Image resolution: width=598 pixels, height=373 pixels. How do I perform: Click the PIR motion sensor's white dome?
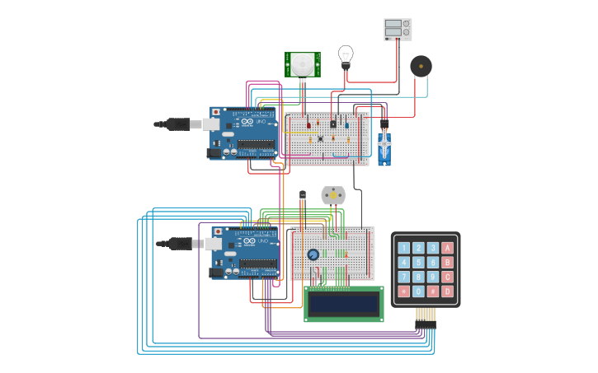[303, 63]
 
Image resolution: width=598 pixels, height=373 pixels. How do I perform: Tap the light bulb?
[346, 55]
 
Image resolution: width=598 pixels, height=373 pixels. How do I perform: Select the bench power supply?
[398, 29]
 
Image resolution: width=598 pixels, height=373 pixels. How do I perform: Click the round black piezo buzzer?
[421, 66]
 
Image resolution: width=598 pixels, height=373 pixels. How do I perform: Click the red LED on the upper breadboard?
[309, 125]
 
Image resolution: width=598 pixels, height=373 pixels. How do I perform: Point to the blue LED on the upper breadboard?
[346, 125]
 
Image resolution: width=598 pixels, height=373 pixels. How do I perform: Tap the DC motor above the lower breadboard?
[333, 195]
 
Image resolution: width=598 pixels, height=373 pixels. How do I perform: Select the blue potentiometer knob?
[313, 254]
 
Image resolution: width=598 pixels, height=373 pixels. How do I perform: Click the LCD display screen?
[343, 303]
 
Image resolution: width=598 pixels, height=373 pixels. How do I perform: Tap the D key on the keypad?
[447, 291]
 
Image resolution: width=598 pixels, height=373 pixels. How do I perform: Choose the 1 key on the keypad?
[403, 248]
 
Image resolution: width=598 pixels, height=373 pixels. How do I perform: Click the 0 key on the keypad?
[418, 291]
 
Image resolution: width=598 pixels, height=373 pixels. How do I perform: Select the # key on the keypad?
[432, 291]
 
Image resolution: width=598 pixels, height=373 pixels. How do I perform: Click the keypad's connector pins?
[425, 315]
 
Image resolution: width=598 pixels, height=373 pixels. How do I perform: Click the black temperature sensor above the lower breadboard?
[302, 195]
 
